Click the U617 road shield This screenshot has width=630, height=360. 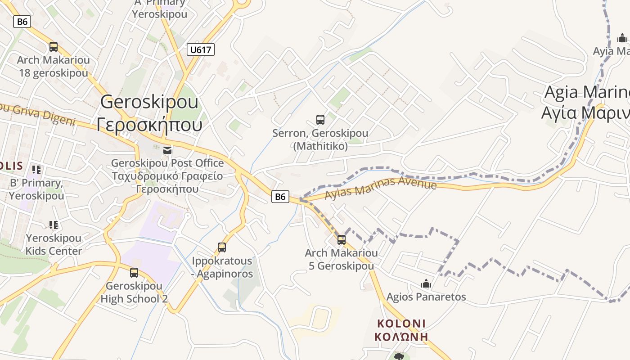pos(201,49)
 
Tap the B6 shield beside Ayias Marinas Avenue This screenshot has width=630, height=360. pos(280,196)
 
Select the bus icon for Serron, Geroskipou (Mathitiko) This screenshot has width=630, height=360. pos(320,120)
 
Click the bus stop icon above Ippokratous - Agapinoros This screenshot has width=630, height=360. pos(221,247)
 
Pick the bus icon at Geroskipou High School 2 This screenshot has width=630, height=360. pos(134,272)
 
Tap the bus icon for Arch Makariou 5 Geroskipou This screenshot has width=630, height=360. pos(342,239)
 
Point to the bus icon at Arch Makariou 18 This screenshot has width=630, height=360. pos(54,46)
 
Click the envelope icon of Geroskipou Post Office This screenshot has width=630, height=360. pos(167,150)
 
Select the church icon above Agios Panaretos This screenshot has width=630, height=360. pos(426,283)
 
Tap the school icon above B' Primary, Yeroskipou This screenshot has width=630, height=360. pos(36,170)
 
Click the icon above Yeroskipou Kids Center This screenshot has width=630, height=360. pos(54,225)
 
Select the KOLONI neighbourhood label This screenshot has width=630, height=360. pos(401,324)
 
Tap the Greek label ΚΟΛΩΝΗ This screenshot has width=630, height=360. pos(401,336)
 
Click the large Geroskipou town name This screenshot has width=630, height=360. pos(149,102)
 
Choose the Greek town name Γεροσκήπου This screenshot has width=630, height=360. pos(149,124)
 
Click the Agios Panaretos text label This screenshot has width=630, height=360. pos(426,297)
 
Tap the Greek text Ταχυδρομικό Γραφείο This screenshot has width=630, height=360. pos(167,176)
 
